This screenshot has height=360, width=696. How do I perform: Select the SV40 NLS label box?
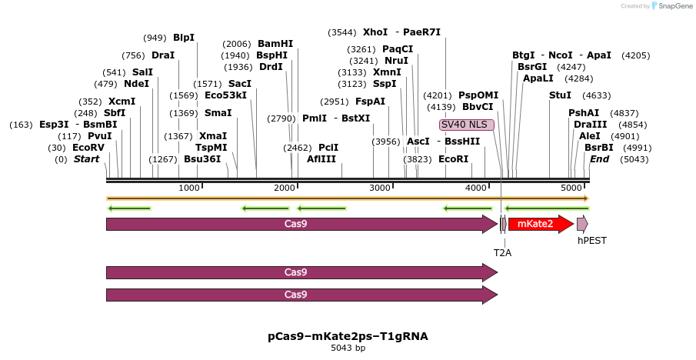(x=467, y=125)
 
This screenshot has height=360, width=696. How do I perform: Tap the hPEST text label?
(x=592, y=240)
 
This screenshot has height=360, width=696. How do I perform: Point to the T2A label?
(x=502, y=252)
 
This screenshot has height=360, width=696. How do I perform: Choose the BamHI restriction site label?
(x=275, y=44)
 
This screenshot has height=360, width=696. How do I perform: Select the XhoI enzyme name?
(x=375, y=32)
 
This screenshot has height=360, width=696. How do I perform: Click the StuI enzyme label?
(x=560, y=95)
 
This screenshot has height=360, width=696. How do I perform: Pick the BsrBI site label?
(x=599, y=148)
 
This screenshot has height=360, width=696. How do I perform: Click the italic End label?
(x=600, y=159)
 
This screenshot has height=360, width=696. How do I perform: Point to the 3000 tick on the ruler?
(x=381, y=188)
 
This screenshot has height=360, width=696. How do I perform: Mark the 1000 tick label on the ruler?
(x=189, y=188)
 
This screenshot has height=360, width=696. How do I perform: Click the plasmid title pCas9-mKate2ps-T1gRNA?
(x=348, y=336)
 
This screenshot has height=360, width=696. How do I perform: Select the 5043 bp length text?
(x=348, y=348)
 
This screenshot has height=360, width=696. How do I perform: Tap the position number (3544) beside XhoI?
(x=341, y=32)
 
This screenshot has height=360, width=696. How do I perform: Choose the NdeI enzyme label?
(x=137, y=84)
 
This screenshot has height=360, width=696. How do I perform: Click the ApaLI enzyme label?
(x=538, y=78)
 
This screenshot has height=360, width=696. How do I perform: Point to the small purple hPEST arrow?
(x=582, y=224)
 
